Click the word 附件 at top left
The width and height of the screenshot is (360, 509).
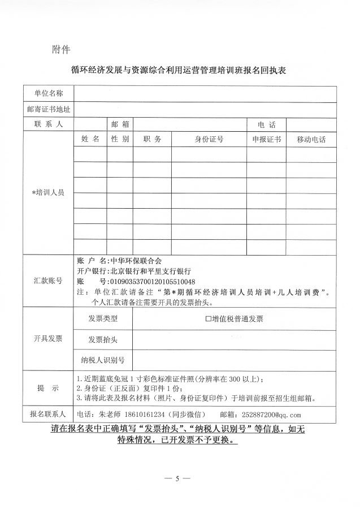(60, 50)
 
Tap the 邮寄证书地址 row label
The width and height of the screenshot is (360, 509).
(48, 109)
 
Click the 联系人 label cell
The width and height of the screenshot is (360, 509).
(48, 124)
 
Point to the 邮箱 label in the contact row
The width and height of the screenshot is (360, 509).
(120, 124)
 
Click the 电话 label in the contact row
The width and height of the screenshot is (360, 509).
(266, 124)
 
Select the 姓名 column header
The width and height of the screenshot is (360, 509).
(90, 139)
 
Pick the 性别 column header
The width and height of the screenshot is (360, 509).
(120, 139)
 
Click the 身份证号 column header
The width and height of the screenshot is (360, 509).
(209, 139)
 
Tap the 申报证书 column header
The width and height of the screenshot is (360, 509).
(266, 139)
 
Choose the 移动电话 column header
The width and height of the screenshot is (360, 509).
(311, 139)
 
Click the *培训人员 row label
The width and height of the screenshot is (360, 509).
(48, 192)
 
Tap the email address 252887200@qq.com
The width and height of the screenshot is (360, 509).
(271, 413)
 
